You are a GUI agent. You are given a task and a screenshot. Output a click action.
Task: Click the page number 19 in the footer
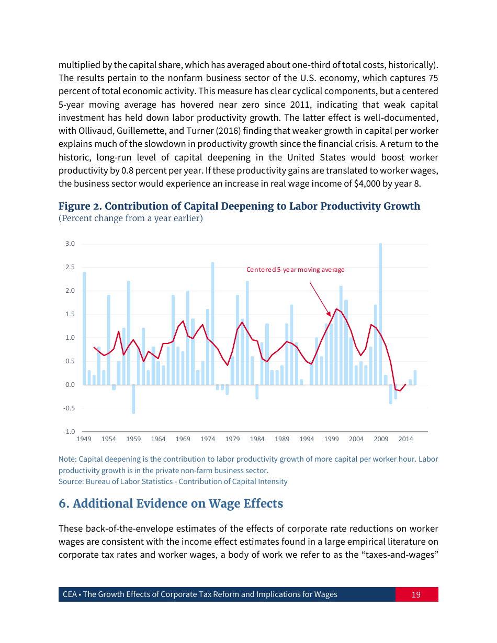click(x=416, y=594)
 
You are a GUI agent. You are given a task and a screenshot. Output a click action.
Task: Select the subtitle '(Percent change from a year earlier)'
click(x=130, y=218)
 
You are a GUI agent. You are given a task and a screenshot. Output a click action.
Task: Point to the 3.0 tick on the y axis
click(x=70, y=244)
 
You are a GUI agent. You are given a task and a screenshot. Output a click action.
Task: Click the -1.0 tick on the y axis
click(x=69, y=432)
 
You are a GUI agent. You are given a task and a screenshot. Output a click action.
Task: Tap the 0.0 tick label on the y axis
click(x=70, y=385)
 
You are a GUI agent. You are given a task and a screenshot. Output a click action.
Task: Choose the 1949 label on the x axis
click(x=84, y=439)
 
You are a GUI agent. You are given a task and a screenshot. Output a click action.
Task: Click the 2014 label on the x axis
click(x=405, y=439)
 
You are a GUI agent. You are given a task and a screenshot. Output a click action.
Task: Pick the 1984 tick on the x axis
click(x=257, y=439)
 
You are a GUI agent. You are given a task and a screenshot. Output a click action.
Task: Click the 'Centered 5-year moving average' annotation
click(x=295, y=270)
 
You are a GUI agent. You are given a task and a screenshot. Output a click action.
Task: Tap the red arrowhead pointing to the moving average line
click(x=329, y=313)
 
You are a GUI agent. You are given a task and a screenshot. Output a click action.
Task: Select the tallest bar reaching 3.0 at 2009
click(x=380, y=314)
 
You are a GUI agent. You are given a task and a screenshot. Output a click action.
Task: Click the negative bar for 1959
click(x=133, y=399)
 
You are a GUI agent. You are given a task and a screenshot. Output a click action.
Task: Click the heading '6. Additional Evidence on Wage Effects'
click(x=171, y=503)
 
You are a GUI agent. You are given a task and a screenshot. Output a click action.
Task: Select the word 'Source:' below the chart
click(x=71, y=481)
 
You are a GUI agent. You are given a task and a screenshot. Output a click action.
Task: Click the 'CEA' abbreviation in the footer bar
click(x=70, y=594)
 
